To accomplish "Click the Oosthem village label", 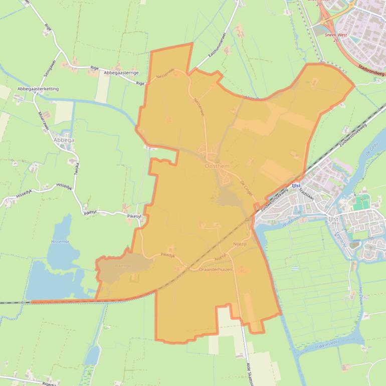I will pyautogui.click(x=217, y=166).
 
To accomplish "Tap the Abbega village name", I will pyautogui.click(x=64, y=140).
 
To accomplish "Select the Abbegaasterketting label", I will pyautogui.click(x=38, y=89).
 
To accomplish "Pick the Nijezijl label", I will pyautogui.click(x=241, y=244).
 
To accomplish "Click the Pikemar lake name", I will pyautogui.click(x=122, y=266).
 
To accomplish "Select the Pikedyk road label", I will pyautogui.click(x=167, y=255).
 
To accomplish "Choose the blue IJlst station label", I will pyautogui.click(x=295, y=185).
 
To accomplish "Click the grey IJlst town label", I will pyautogui.click(x=333, y=219).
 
